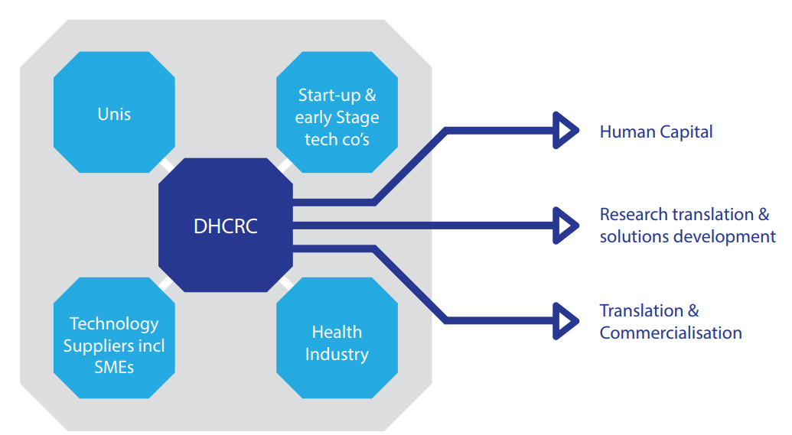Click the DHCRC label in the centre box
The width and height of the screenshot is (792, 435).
click(225, 226)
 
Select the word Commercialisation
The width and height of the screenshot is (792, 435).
click(670, 333)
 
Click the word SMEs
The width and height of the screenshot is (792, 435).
click(114, 368)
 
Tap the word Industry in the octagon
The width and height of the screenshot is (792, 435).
click(337, 355)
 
